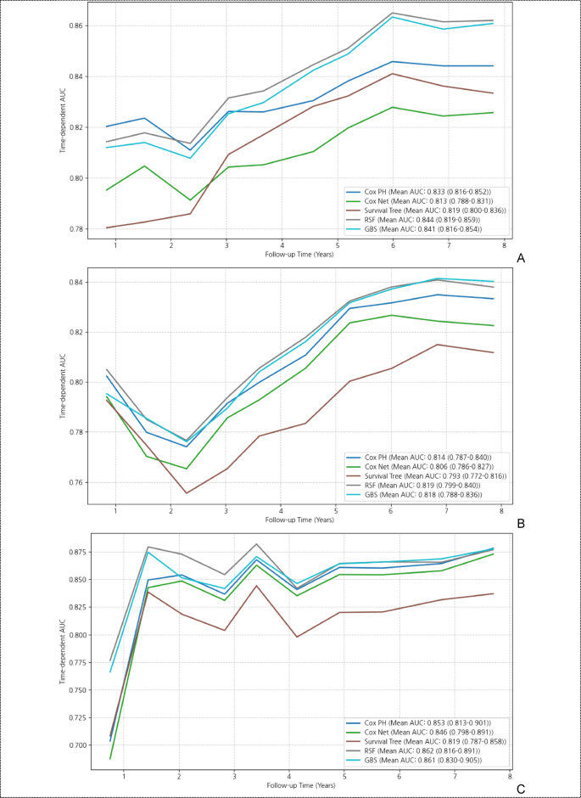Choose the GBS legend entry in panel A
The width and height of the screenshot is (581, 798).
point(423,228)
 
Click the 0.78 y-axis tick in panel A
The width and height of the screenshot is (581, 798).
point(74,229)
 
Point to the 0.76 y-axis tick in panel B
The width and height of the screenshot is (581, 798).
point(74,482)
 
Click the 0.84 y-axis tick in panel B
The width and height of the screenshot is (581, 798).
point(74,282)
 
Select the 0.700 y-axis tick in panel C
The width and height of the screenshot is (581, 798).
point(71,745)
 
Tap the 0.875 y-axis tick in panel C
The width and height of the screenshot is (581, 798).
point(71,553)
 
